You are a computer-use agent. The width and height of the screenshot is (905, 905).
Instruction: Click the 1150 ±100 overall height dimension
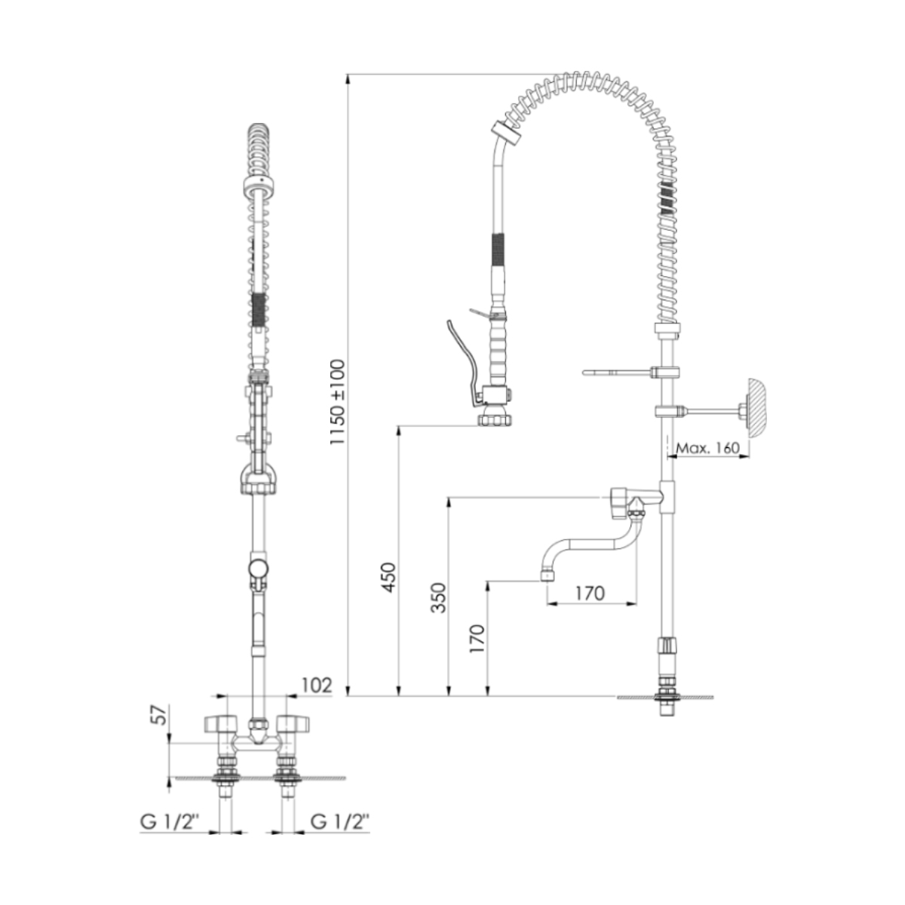pos(336,401)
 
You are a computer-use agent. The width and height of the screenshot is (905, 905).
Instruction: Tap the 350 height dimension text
pos(438,597)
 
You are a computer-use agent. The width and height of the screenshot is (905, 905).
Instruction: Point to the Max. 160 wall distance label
pos(707,447)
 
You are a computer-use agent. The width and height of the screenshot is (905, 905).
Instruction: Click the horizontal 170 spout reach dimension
pos(589,593)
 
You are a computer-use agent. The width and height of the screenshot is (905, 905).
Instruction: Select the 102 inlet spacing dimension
pos(316,685)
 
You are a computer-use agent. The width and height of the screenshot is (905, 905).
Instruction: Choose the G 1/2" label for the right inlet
pos(340,822)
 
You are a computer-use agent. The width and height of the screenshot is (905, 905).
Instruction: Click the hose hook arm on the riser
pos(615,372)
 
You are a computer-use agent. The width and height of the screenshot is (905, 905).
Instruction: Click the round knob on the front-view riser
pos(258,568)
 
